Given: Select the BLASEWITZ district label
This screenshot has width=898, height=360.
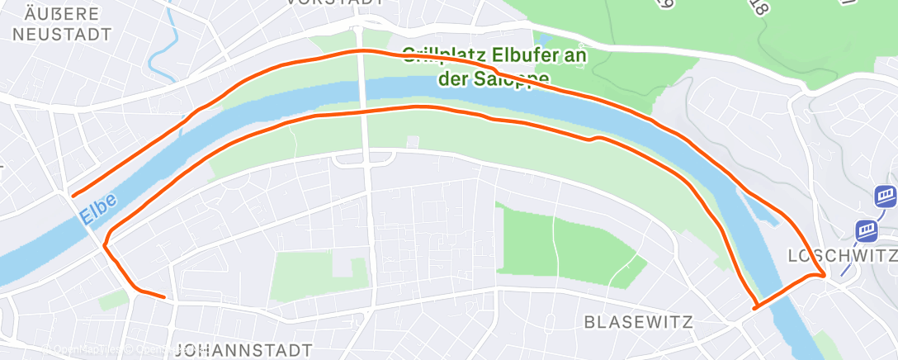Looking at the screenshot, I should pyautogui.click(x=637, y=321).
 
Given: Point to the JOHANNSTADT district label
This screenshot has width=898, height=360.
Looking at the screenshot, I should pyautogui.click(x=244, y=349).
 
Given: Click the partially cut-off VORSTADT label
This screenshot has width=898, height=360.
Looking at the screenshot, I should pyautogui.click(x=335, y=3).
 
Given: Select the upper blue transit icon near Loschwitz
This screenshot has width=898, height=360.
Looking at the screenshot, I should pyautogui.click(x=886, y=197).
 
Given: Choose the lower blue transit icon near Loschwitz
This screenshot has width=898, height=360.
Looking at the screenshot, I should pyautogui.click(x=866, y=229).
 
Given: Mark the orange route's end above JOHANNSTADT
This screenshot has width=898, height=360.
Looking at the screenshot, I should pyautogui.click(x=165, y=296).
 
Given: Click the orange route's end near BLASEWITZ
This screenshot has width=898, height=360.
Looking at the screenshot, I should pyautogui.click(x=755, y=308).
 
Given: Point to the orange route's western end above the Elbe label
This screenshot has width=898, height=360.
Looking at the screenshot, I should pyautogui.click(x=73, y=196).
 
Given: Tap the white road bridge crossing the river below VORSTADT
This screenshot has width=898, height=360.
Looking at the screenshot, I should pyautogui.click(x=364, y=91).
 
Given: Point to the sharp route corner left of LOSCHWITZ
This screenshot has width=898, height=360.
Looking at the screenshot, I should pyautogui.click(x=824, y=275).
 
